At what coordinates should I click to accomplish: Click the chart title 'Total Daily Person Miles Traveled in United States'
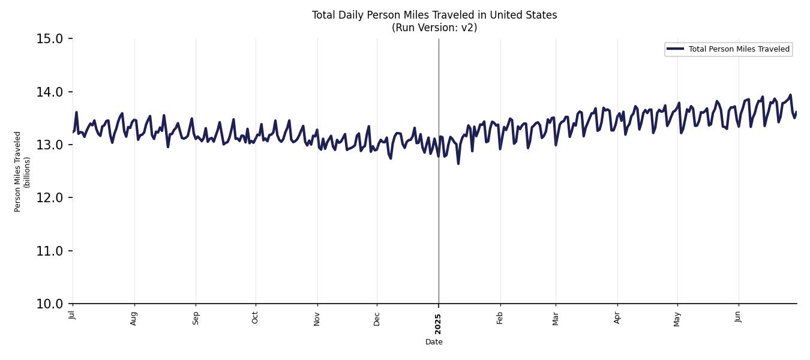point(434,15)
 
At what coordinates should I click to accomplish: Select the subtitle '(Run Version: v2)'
point(434,28)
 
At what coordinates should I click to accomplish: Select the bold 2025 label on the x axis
point(438,324)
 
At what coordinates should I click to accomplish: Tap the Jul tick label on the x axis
point(72,315)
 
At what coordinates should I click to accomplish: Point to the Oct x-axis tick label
point(255,317)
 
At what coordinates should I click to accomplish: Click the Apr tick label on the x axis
point(617,317)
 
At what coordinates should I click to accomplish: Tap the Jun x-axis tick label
point(738,316)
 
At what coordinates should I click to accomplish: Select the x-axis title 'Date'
point(434,342)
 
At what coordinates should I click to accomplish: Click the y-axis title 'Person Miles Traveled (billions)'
point(22,171)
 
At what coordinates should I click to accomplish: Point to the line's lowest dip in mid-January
point(458,163)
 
